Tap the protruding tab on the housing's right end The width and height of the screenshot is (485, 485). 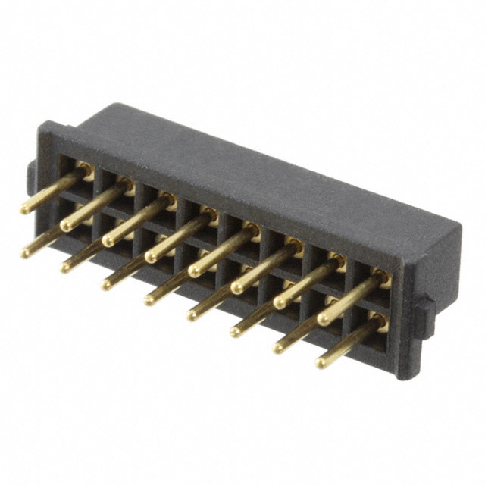426,315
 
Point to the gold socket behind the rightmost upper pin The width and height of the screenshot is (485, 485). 383,279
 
